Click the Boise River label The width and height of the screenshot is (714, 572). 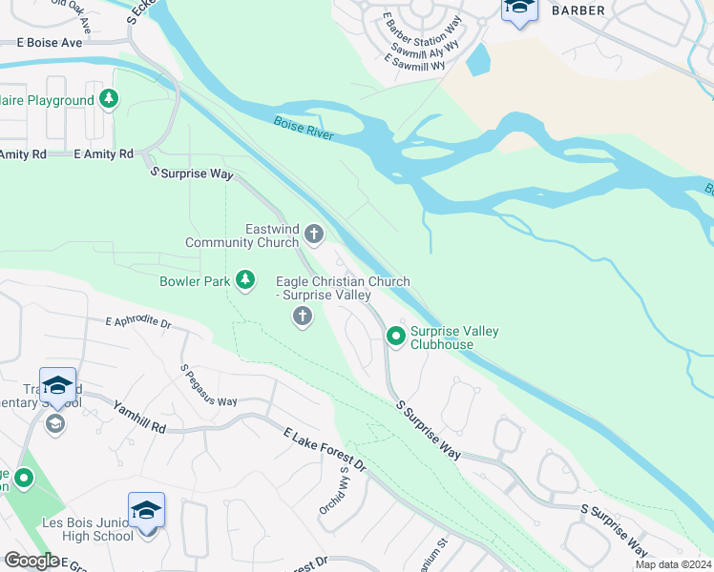pos(304,129)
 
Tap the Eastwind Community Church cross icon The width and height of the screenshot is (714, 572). pos(312,234)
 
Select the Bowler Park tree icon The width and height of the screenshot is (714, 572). pos(246,280)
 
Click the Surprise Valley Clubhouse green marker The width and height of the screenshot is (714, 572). pos(395,336)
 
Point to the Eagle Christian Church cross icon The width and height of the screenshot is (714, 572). pos(303,317)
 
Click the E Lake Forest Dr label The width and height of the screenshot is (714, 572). pos(325,449)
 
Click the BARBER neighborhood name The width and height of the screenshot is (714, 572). pos(577,10)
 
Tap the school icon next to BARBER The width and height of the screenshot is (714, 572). pos(518,10)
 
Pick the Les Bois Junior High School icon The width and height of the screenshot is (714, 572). pos(146,513)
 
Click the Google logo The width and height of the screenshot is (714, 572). pos(31,561)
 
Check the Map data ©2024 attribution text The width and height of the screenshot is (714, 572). pos(672,564)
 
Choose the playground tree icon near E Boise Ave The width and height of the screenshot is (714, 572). pos(110,99)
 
